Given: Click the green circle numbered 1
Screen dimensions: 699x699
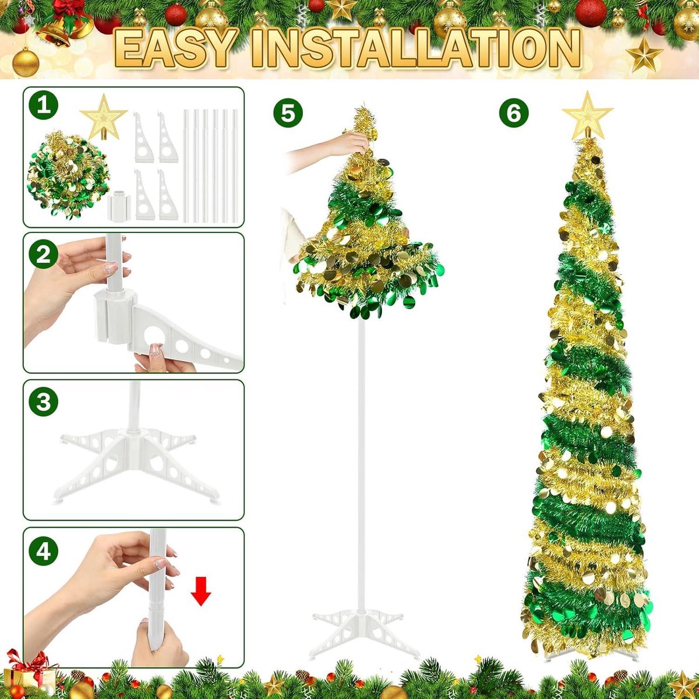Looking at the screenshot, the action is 44,105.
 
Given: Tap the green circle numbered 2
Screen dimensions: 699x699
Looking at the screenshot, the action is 44,255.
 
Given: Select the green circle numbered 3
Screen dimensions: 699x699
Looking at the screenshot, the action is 44,401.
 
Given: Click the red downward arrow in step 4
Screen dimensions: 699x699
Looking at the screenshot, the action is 200,591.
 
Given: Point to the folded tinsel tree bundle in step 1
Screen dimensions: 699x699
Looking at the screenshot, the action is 68,175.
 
